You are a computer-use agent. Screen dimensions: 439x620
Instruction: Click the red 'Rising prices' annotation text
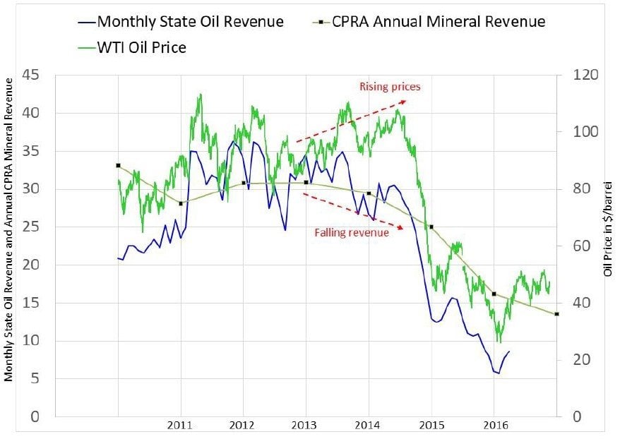[x=390, y=88]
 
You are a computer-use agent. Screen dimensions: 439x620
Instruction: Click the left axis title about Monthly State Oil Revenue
[x=9, y=230]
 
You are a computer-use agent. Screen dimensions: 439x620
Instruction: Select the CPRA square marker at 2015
[x=431, y=227]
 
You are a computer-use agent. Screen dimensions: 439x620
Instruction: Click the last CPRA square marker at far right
[x=556, y=314]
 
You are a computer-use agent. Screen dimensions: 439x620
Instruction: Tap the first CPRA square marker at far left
[x=118, y=166]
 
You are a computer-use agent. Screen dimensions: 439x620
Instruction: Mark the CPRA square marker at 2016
[x=494, y=294]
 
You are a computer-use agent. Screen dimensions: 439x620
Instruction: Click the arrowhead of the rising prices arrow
[x=404, y=101]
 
